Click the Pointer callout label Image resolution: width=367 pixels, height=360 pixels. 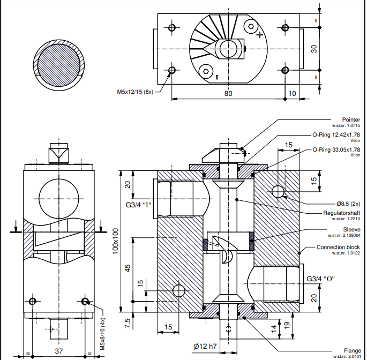click(351, 119)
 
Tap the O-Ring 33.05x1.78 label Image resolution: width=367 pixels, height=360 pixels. click(336, 150)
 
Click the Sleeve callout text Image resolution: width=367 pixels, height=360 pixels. click(351, 229)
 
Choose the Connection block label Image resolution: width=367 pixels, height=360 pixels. click(338, 247)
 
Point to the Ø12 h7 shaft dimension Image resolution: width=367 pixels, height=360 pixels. click(205, 347)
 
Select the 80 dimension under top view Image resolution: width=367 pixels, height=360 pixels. click(228, 93)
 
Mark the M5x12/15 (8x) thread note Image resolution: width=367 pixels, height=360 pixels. click(136, 92)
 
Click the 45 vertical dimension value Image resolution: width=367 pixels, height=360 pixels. click(128, 268)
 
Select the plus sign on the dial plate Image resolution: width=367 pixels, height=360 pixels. click(260, 35)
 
